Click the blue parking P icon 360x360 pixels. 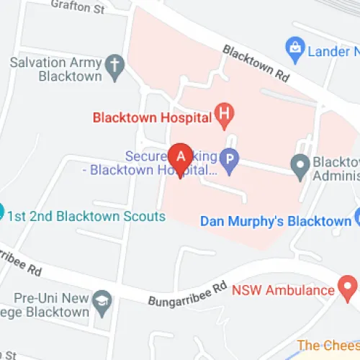tap(228, 161)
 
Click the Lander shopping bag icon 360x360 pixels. tap(294, 50)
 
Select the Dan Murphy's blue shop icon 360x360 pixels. tap(358, 217)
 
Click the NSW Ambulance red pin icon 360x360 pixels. tap(348, 290)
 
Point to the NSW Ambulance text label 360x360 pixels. tap(283, 291)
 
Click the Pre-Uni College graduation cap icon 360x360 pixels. tap(103, 305)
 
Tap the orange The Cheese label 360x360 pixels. tap(329, 345)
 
